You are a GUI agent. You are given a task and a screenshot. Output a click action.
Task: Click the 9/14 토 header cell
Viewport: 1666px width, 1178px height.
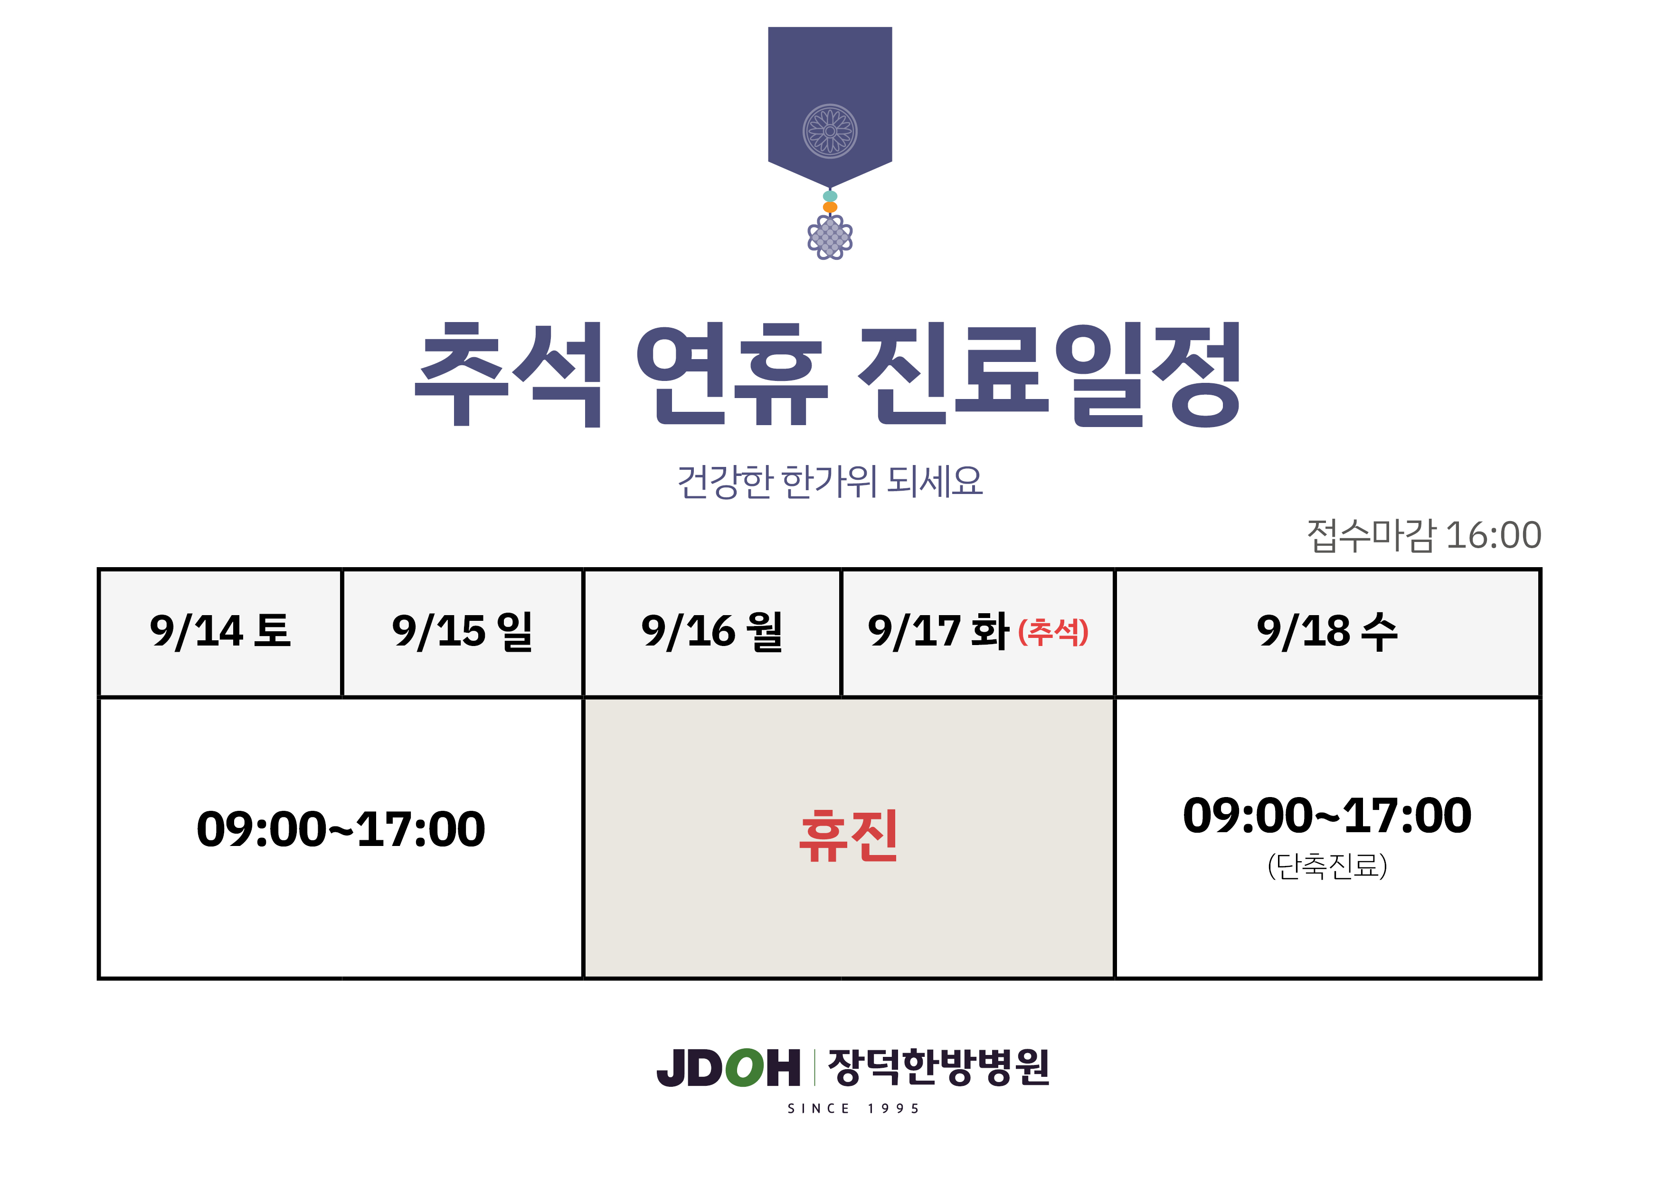(x=220, y=632)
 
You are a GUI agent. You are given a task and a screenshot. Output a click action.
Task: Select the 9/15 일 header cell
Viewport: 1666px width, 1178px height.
(x=462, y=632)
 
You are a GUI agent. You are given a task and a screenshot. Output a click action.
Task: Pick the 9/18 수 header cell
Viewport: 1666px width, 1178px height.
(x=1327, y=632)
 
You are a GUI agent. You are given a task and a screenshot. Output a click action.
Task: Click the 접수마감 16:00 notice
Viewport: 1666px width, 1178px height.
(x=1424, y=535)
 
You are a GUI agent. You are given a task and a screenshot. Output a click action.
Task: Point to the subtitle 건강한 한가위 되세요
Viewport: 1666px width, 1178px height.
(x=830, y=481)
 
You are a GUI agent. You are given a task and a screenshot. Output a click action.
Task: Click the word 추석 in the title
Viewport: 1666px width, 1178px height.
(x=508, y=374)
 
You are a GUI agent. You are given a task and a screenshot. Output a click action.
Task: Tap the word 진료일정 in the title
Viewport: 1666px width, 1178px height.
(x=1049, y=374)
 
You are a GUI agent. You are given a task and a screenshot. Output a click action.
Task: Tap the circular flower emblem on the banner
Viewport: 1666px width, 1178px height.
(x=830, y=132)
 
